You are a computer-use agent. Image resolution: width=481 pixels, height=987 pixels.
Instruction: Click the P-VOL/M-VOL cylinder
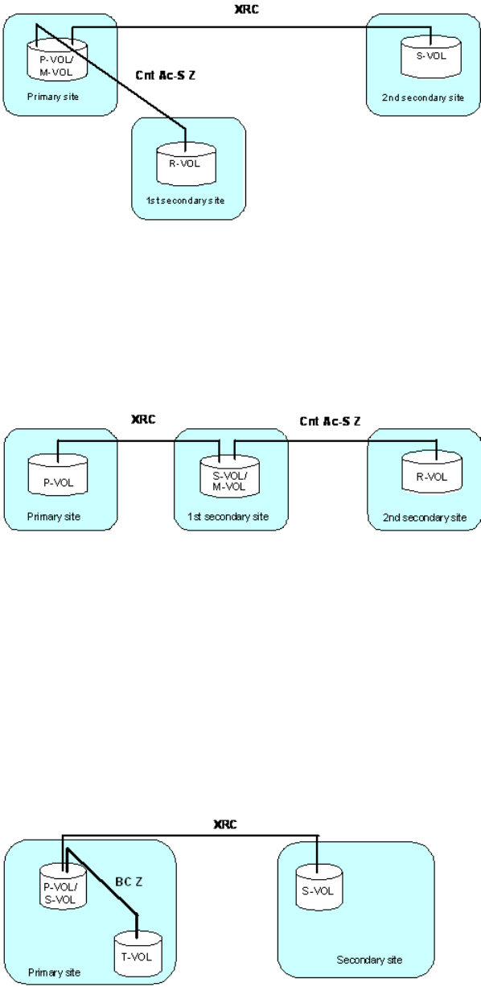(57, 60)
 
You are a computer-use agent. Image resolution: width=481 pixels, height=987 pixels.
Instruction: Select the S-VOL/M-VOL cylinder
(229, 477)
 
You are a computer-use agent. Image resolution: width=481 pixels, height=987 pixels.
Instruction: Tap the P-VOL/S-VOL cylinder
(63, 886)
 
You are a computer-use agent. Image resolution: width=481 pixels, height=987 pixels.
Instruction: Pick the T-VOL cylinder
(138, 953)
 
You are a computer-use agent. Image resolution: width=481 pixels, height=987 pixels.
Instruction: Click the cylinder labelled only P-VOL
(58, 475)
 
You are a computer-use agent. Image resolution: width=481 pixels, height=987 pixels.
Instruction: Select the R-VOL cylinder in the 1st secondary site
(186, 163)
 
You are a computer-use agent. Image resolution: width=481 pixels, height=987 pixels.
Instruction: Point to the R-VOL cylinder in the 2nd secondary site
(432, 472)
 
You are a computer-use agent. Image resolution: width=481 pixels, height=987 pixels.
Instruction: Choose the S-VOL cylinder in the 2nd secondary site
(431, 57)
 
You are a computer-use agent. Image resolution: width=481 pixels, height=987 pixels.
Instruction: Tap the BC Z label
(129, 882)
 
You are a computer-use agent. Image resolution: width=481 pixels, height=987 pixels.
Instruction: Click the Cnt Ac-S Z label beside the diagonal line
(165, 76)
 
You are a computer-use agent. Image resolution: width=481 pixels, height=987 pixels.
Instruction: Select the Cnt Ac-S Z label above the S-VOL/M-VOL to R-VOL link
(330, 421)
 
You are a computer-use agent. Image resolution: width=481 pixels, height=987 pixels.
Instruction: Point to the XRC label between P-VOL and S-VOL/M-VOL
(143, 419)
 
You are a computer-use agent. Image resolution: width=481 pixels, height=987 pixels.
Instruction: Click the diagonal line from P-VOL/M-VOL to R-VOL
(111, 77)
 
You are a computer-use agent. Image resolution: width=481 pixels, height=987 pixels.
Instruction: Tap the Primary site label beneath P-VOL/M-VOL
(53, 97)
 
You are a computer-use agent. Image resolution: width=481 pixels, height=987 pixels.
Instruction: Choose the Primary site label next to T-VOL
(54, 972)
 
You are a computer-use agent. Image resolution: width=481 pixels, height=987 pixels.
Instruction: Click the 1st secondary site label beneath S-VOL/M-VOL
(228, 516)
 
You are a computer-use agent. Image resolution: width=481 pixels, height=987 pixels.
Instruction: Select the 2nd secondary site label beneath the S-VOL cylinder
(423, 97)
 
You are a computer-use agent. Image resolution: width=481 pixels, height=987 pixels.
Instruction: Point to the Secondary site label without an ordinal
(369, 960)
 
